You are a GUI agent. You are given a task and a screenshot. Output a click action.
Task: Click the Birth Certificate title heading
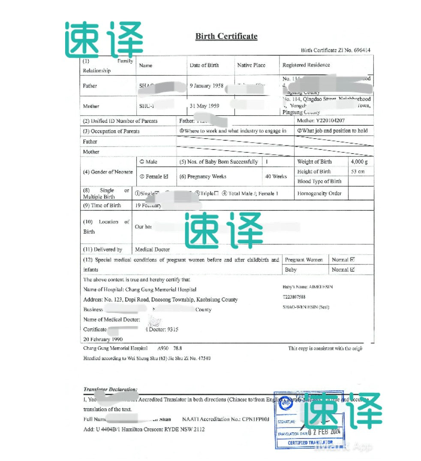pyautogui.click(x=226, y=36)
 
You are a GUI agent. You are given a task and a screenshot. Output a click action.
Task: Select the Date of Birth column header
pyautogui.click(x=204, y=65)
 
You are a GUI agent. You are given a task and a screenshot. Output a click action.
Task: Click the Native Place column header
pyautogui.click(x=251, y=65)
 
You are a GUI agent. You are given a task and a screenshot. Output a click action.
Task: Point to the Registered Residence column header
pyautogui.click(x=306, y=65)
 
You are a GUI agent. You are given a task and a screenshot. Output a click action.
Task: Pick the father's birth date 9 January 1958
pyautogui.click(x=207, y=86)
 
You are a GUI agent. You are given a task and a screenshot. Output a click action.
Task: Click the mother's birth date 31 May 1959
pyautogui.click(x=204, y=106)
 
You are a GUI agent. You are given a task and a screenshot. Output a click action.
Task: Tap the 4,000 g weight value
pyautogui.click(x=359, y=162)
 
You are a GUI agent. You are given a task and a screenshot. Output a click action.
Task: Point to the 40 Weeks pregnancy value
pyautogui.click(x=276, y=176)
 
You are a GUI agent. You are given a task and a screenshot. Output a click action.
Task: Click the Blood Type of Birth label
pyautogui.click(x=319, y=181)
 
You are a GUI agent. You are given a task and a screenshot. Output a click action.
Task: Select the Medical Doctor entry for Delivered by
pyautogui.click(x=152, y=249)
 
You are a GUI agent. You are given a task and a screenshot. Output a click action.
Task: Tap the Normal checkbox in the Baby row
pyautogui.click(x=352, y=270)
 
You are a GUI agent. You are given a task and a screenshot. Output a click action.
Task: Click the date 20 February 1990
pyautogui.click(x=103, y=339)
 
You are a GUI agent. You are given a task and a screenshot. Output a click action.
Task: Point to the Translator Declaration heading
pyautogui.click(x=110, y=390)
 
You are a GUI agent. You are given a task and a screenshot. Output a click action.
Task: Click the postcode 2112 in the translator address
pyautogui.click(x=199, y=429)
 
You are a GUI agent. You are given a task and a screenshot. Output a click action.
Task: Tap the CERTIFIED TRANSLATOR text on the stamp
pyautogui.click(x=310, y=443)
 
